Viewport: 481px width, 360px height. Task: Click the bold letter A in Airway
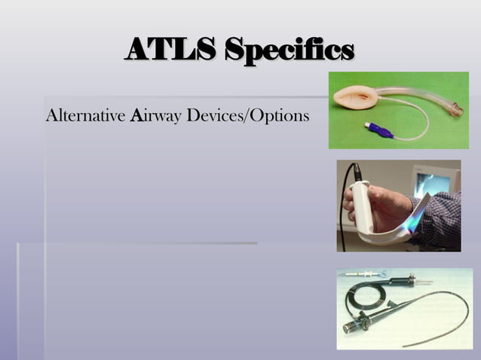pyautogui.click(x=136, y=117)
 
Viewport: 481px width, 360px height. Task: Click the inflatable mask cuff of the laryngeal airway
pyautogui.click(x=355, y=97)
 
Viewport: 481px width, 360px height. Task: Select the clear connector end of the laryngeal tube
pyautogui.click(x=455, y=109)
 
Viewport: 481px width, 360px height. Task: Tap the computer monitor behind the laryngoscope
pyautogui.click(x=434, y=181)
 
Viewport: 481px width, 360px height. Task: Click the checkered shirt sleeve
pyautogui.click(x=445, y=218)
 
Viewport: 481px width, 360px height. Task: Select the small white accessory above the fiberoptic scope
pyautogui.click(x=362, y=275)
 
